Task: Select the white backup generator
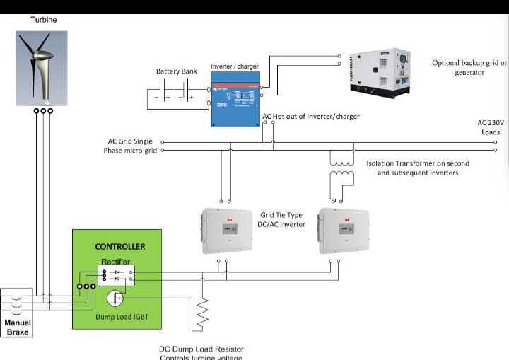(x=380, y=74)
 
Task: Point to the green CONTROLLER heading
(x=120, y=247)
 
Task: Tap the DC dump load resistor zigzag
(x=203, y=311)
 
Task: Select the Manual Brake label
(x=18, y=326)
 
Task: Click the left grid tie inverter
(x=227, y=231)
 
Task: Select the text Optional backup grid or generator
(x=469, y=67)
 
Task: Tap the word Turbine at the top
(x=43, y=20)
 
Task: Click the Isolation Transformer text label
(x=417, y=168)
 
